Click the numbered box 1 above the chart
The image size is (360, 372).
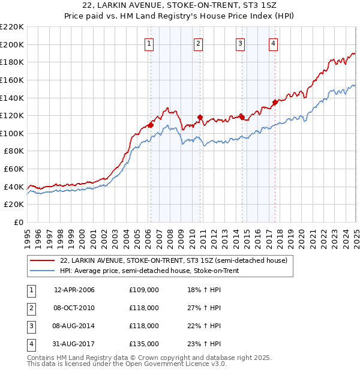point(148,43)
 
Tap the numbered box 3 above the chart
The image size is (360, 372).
point(240,43)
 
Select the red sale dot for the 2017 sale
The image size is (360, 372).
point(275,102)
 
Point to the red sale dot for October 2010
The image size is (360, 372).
point(200,118)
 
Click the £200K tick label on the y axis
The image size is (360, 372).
point(12,44)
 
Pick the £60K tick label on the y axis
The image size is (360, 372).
point(14,169)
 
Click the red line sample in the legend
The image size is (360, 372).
point(42,260)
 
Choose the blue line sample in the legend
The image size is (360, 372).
point(42,271)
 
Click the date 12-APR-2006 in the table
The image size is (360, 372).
point(74,290)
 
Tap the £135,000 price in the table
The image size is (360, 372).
point(144,344)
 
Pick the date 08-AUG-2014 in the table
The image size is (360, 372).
point(74,326)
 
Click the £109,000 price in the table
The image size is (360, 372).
point(144,290)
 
